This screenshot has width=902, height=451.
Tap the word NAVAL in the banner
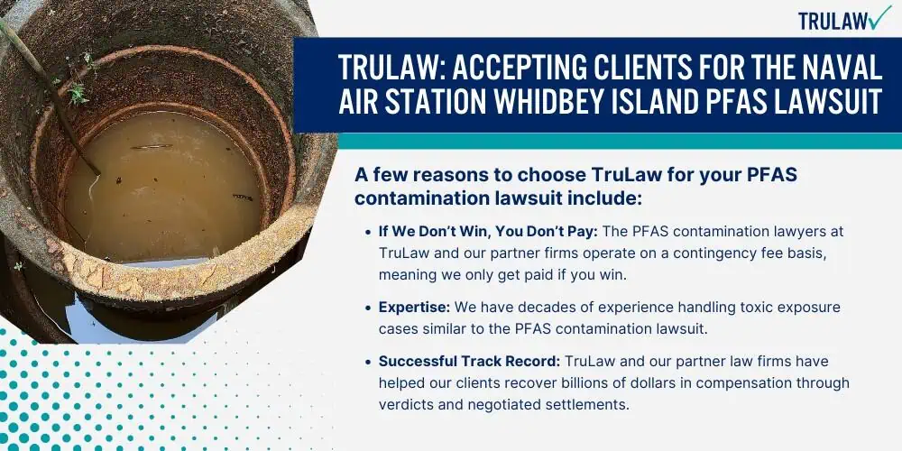click(x=842, y=67)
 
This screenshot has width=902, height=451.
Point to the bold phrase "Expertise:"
click(x=414, y=308)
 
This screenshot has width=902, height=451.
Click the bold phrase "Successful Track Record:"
click(x=469, y=362)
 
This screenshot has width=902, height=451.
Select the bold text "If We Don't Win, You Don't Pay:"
click(x=489, y=231)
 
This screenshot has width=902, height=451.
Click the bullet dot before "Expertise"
click(x=368, y=308)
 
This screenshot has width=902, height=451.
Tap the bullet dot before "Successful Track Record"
click(x=368, y=363)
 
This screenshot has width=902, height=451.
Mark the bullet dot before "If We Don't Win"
click(x=368, y=233)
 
